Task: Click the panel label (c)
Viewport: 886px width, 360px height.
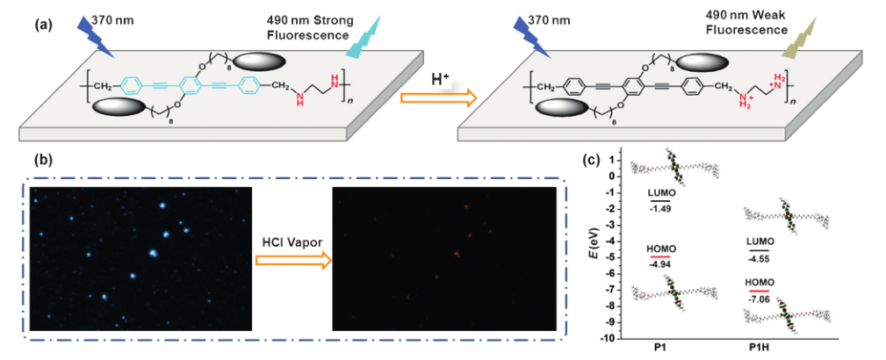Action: (593, 160)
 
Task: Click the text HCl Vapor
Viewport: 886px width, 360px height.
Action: (292, 240)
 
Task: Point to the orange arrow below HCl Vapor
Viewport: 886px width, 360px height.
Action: (292, 260)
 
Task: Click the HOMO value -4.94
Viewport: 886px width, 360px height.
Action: (659, 263)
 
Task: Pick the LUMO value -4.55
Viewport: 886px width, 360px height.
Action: (760, 259)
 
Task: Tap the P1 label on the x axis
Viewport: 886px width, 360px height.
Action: (659, 351)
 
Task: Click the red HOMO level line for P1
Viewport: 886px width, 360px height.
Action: (659, 256)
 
